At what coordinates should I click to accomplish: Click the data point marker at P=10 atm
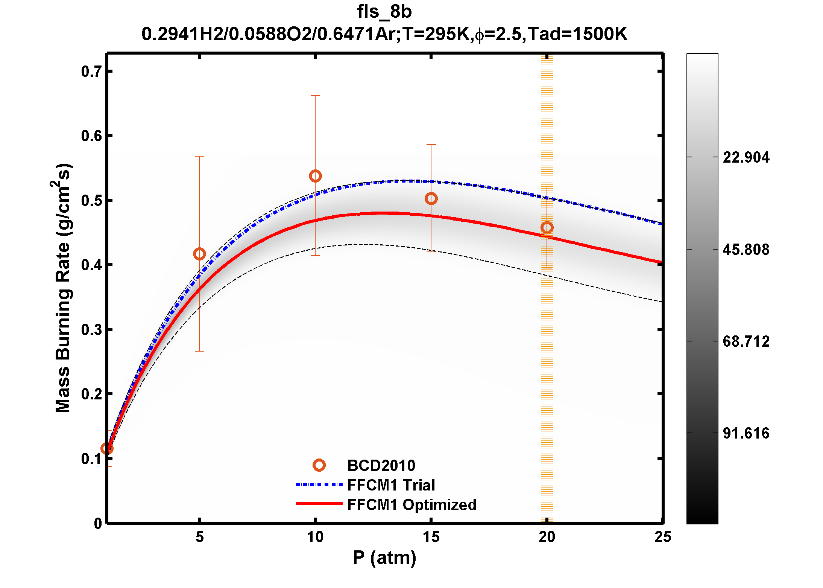coord(315,176)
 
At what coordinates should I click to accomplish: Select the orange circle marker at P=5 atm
coord(199,254)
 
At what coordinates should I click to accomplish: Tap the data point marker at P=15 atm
coord(431,198)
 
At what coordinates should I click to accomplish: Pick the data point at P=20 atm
coord(547,227)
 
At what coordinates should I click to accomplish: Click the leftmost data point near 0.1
coord(107,448)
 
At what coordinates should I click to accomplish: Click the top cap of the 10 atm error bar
coord(315,96)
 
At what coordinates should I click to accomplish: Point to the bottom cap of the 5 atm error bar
coord(199,351)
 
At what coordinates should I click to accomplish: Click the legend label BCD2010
coord(381,466)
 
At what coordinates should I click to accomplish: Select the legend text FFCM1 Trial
coord(391,485)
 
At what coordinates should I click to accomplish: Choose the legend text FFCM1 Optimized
coord(411,505)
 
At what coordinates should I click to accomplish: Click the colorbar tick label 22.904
coord(746,157)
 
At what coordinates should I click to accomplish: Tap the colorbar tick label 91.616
coord(746,433)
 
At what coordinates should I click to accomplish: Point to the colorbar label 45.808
coord(746,250)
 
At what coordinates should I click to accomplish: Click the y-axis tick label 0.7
coord(91,72)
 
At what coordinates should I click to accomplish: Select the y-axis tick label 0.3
coord(91,330)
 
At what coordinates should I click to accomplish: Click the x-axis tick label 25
coord(662,537)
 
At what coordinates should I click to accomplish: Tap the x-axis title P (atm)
coord(384,558)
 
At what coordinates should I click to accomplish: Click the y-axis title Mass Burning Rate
coord(63,288)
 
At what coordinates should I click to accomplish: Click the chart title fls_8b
coord(384,12)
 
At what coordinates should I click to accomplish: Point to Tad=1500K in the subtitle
coord(577,34)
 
